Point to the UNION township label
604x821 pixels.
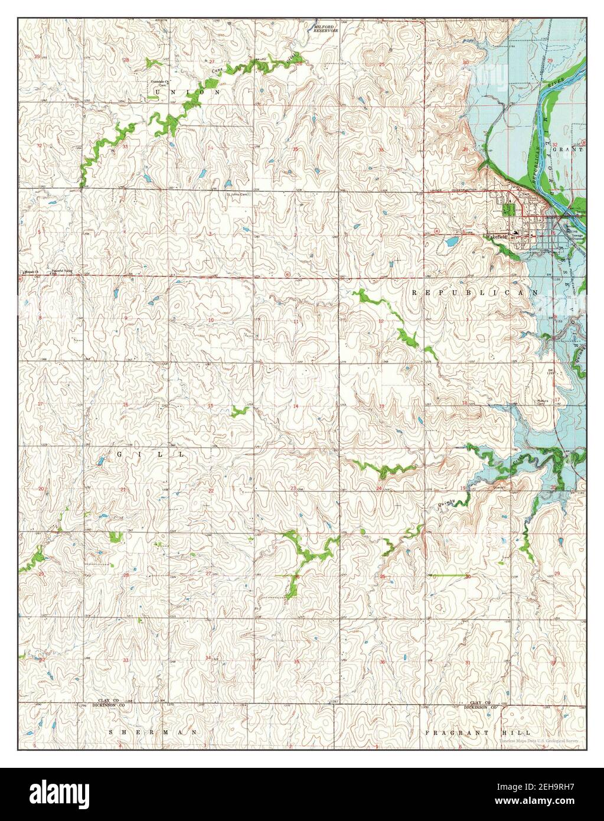point(187,92)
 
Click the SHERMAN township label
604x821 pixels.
point(153,732)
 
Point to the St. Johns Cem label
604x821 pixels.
point(239,194)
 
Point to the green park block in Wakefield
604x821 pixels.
point(507,208)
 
